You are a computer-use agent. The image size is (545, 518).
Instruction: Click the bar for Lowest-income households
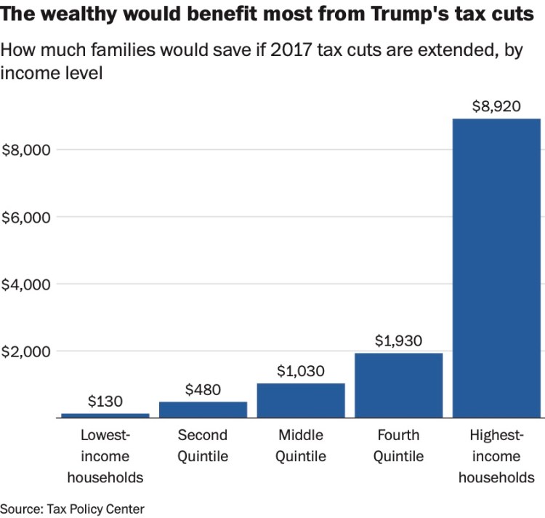[105, 415]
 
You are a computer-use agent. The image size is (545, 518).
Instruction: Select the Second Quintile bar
[203, 410]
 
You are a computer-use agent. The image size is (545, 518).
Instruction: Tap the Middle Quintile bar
[301, 400]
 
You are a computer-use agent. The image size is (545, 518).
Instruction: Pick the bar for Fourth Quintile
[399, 386]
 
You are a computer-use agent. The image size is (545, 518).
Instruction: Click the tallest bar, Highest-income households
[496, 268]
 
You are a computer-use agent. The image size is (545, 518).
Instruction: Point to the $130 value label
[105, 401]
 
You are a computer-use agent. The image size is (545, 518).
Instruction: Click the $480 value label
[203, 389]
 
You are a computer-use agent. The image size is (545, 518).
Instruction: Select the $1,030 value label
[301, 370]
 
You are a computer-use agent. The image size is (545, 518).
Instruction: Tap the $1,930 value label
[399, 340]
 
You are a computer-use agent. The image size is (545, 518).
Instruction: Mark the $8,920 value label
[496, 106]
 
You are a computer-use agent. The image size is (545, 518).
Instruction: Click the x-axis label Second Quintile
[203, 446]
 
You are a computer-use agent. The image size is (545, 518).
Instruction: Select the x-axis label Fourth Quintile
[399, 446]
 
